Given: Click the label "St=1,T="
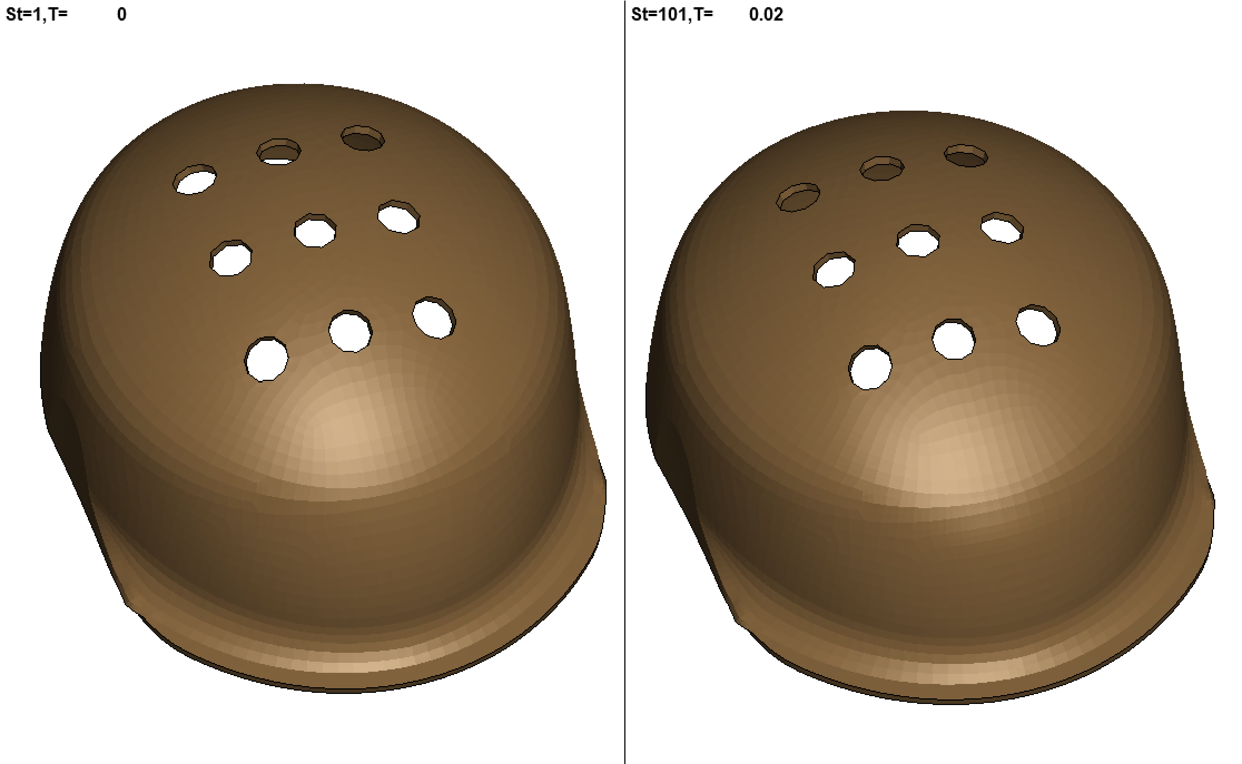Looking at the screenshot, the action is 36,14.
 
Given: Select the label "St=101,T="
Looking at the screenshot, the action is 672,14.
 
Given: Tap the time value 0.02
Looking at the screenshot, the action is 766,14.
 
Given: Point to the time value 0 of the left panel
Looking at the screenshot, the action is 122,14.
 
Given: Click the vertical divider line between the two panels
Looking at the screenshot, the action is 625,382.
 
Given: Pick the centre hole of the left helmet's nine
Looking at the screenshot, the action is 315,230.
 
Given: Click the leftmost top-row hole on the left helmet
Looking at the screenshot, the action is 195,179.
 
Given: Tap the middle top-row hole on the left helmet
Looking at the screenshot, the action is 279,152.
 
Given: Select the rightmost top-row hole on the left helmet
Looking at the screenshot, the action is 363,138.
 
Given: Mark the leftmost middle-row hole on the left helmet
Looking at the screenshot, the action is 231,258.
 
